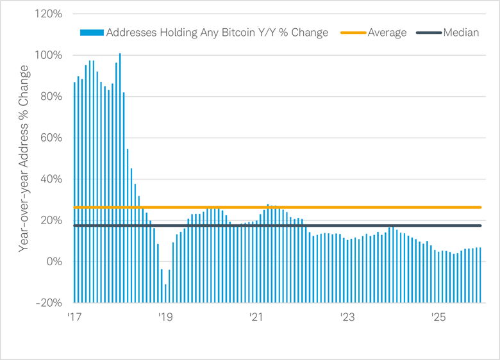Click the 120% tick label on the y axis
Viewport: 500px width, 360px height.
49,14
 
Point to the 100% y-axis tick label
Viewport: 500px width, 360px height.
49,55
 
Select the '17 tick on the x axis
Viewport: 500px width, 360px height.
74,317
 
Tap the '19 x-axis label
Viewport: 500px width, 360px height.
165,317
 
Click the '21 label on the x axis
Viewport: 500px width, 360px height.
256,317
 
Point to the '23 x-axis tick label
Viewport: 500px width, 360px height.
347,317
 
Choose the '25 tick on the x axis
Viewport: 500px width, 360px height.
438,317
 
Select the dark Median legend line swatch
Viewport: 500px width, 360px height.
429,32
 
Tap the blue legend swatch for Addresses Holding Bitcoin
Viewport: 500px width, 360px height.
92,32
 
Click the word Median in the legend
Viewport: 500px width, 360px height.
461,32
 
